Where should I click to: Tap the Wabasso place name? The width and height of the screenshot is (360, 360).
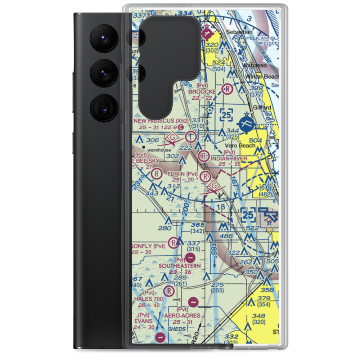(x=252, y=66)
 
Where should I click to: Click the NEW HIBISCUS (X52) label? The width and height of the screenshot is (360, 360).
(x=161, y=121)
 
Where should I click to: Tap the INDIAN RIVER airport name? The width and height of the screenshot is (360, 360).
(x=229, y=158)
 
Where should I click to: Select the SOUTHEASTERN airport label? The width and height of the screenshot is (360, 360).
(x=180, y=265)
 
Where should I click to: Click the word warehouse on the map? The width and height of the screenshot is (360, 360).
(x=159, y=150)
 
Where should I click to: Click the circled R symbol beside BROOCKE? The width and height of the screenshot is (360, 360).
(x=228, y=89)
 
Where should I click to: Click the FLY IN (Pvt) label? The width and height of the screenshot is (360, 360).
(x=183, y=174)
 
